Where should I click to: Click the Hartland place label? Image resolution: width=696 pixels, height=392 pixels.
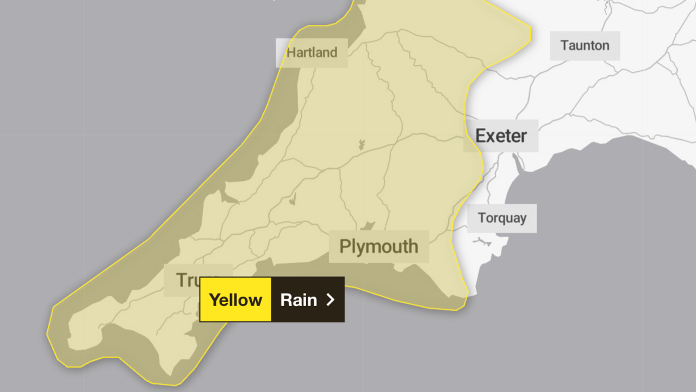click(312, 53)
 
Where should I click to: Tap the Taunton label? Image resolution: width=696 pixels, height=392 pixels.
click(585, 45)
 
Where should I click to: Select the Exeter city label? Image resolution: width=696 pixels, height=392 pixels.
click(501, 136)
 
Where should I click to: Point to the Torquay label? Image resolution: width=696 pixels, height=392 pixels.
click(502, 218)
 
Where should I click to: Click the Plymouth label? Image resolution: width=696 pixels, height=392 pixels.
click(378, 247)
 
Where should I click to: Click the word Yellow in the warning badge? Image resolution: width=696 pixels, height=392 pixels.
click(235, 299)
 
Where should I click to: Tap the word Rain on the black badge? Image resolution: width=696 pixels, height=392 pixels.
click(299, 299)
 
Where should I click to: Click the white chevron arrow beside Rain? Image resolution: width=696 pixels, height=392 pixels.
click(330, 299)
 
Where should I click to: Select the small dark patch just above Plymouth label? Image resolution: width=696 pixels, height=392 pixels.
click(368, 225)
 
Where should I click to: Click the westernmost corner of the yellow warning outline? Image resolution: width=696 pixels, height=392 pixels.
click(47, 332)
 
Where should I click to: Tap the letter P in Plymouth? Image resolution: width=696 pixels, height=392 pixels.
click(344, 247)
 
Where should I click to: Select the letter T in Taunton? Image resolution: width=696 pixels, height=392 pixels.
click(564, 45)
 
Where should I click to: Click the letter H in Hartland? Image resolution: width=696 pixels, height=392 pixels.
click(291, 53)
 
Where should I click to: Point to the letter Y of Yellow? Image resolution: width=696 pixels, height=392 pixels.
click(214, 299)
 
